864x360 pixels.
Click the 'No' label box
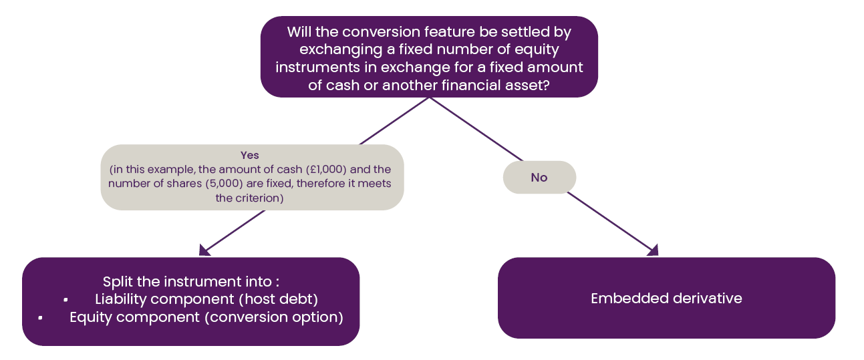539,177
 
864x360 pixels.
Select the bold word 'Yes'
249,156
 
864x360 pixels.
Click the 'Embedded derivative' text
666,299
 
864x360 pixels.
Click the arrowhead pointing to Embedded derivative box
654,250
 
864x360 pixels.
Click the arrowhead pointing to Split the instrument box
204,250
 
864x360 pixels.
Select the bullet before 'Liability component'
65,299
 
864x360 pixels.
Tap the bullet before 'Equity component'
41,318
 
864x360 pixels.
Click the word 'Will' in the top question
299,31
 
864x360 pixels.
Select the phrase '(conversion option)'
274,317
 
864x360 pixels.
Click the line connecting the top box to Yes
394,121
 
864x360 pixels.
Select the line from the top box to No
476,129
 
